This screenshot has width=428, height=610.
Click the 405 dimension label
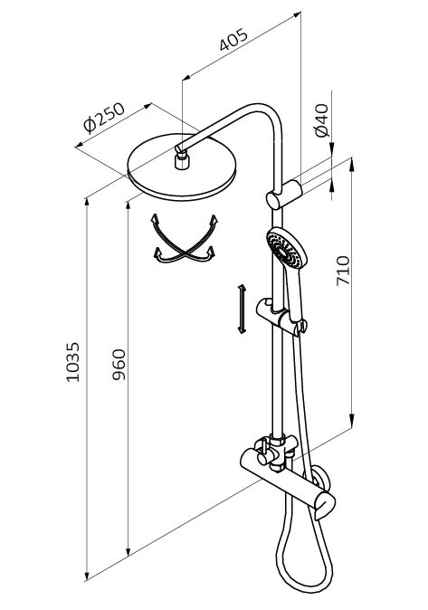pyautogui.click(x=233, y=40)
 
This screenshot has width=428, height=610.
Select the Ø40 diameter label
pyautogui.click(x=322, y=120)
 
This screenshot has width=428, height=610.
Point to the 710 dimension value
pyautogui.click(x=343, y=271)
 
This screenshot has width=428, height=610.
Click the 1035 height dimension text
pyautogui.click(x=72, y=362)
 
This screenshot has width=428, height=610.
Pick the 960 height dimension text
pyautogui.click(x=119, y=365)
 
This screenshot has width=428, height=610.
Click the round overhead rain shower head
pyautogui.click(x=182, y=167)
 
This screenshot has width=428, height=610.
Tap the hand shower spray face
pyautogui.click(x=286, y=249)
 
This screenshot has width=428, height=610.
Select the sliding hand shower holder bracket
pyautogui.click(x=281, y=315)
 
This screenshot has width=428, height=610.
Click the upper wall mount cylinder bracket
pyautogui.click(x=283, y=195)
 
